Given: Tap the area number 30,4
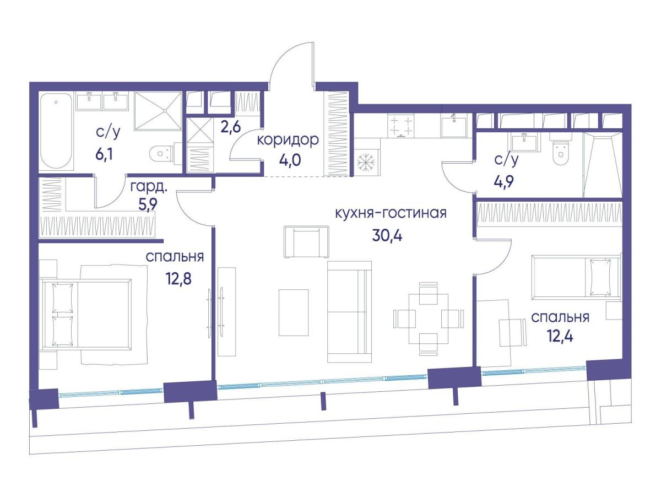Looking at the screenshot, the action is [387, 235].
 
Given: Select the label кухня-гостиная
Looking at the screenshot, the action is [391, 213].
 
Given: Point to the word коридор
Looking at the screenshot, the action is [288, 140].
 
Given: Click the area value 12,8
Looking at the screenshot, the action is [178, 279].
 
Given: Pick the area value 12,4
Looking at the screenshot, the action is [560, 336].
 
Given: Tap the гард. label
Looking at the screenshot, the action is [149, 188].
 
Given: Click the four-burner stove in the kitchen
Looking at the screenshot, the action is [400, 126].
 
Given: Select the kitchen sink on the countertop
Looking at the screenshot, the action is [453, 126].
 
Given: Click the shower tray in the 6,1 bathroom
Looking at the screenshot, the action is [159, 111].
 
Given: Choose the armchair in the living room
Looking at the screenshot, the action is [307, 242].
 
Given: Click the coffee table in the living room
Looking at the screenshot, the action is [294, 312].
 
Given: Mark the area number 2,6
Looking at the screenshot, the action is [230, 127].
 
